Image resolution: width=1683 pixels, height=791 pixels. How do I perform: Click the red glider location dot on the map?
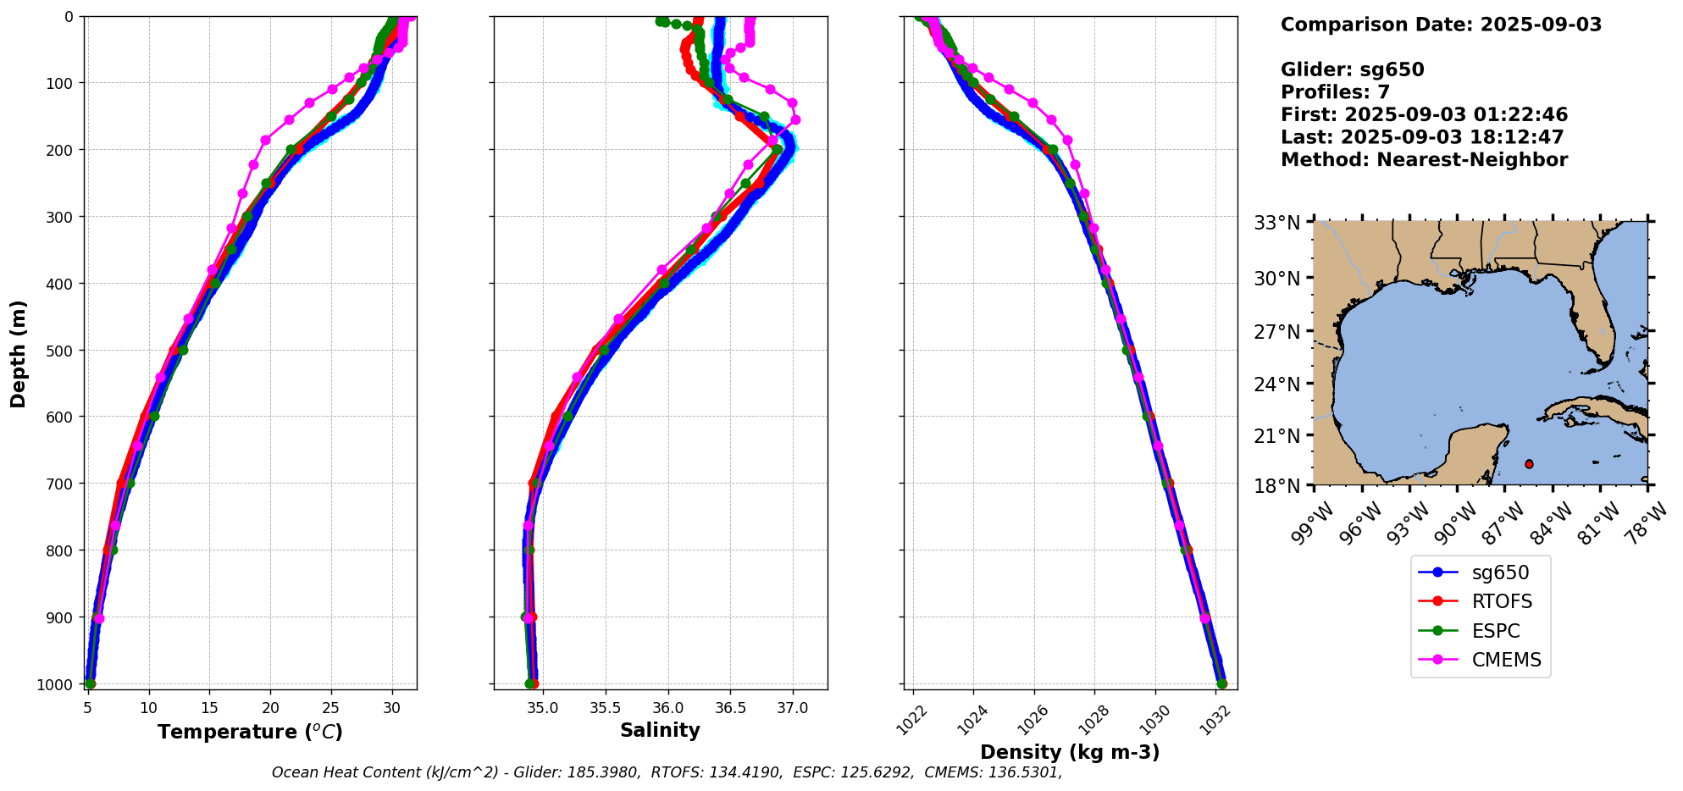tap(1529, 464)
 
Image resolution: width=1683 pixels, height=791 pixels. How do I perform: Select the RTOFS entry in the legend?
tap(1501, 602)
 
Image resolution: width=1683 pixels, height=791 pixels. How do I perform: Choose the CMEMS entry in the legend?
tap(1506, 661)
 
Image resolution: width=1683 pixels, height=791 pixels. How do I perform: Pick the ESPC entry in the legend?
tap(1495, 632)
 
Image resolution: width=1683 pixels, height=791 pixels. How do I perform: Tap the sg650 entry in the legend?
tap(1499, 573)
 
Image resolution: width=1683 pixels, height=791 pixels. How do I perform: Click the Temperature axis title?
tap(250, 732)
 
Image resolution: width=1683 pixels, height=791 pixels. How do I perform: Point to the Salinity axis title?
tap(660, 731)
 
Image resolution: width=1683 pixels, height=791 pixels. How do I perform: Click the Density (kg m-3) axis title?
tap(1070, 752)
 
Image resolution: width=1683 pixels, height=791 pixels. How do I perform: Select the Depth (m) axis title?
tap(19, 353)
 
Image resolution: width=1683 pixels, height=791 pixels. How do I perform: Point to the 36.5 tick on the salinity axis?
tap(730, 708)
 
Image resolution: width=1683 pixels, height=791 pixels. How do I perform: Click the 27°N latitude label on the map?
tap(1276, 331)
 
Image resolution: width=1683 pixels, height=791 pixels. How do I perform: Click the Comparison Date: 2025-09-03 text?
tap(1441, 25)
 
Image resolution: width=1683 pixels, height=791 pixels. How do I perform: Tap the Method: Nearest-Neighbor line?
tap(1424, 160)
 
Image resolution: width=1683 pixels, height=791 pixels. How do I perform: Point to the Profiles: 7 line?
tap(1335, 92)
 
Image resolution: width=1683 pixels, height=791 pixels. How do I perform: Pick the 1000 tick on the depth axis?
tap(58, 685)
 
